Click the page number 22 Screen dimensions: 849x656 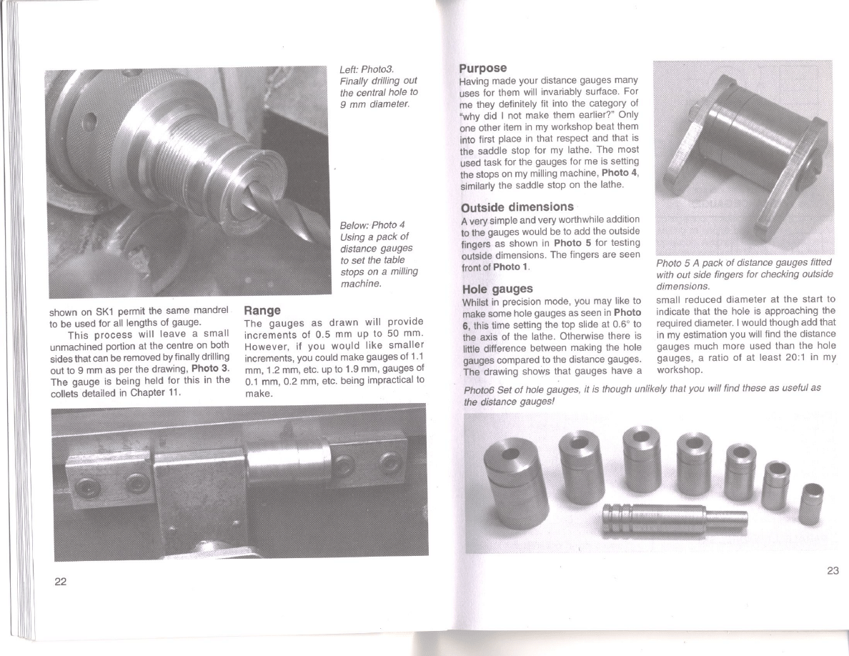coord(60,581)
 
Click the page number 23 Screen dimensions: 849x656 coord(833,570)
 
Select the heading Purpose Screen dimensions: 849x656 coord(483,68)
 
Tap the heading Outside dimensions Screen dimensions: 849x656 coord(517,207)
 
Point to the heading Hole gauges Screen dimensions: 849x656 coord(497,289)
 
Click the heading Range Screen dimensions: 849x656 coord(262,310)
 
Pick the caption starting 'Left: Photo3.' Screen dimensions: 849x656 coord(379,86)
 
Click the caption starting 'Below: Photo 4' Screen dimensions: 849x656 coord(379,254)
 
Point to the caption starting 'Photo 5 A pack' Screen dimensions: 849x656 coord(745,274)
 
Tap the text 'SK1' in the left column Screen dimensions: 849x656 coord(104,312)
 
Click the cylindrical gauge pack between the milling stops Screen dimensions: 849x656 coord(289,459)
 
